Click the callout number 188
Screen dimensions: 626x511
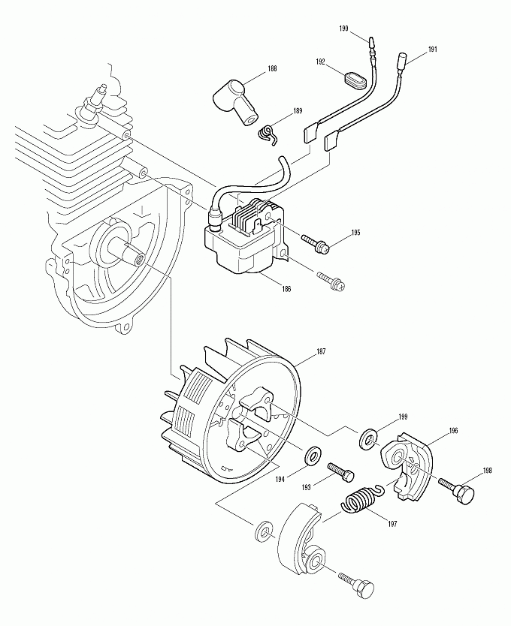coord(271,69)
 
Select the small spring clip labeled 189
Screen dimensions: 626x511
coord(267,131)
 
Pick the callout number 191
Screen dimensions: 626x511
coord(433,49)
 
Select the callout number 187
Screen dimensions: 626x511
coord(321,351)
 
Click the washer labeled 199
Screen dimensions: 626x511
coord(369,437)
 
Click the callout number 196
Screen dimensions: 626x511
coord(453,431)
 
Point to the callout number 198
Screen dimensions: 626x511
coord(487,471)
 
